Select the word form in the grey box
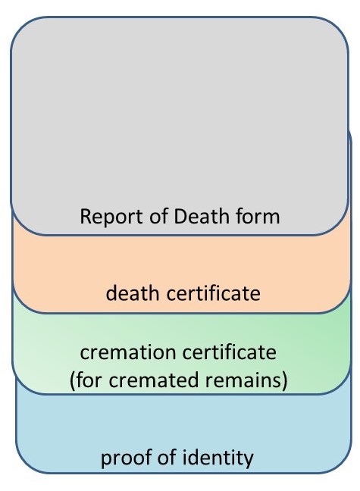coord(258,216)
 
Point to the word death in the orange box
coord(133,293)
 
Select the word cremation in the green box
coord(127,352)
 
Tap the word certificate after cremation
coord(229,352)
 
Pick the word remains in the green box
coord(243,380)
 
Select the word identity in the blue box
coord(218,458)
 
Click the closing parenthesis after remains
coord(284,380)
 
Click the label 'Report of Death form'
coord(180,217)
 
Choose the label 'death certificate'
coord(183,293)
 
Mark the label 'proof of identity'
coord(177,458)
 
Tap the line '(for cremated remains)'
coord(178,380)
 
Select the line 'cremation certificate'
coord(178,352)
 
